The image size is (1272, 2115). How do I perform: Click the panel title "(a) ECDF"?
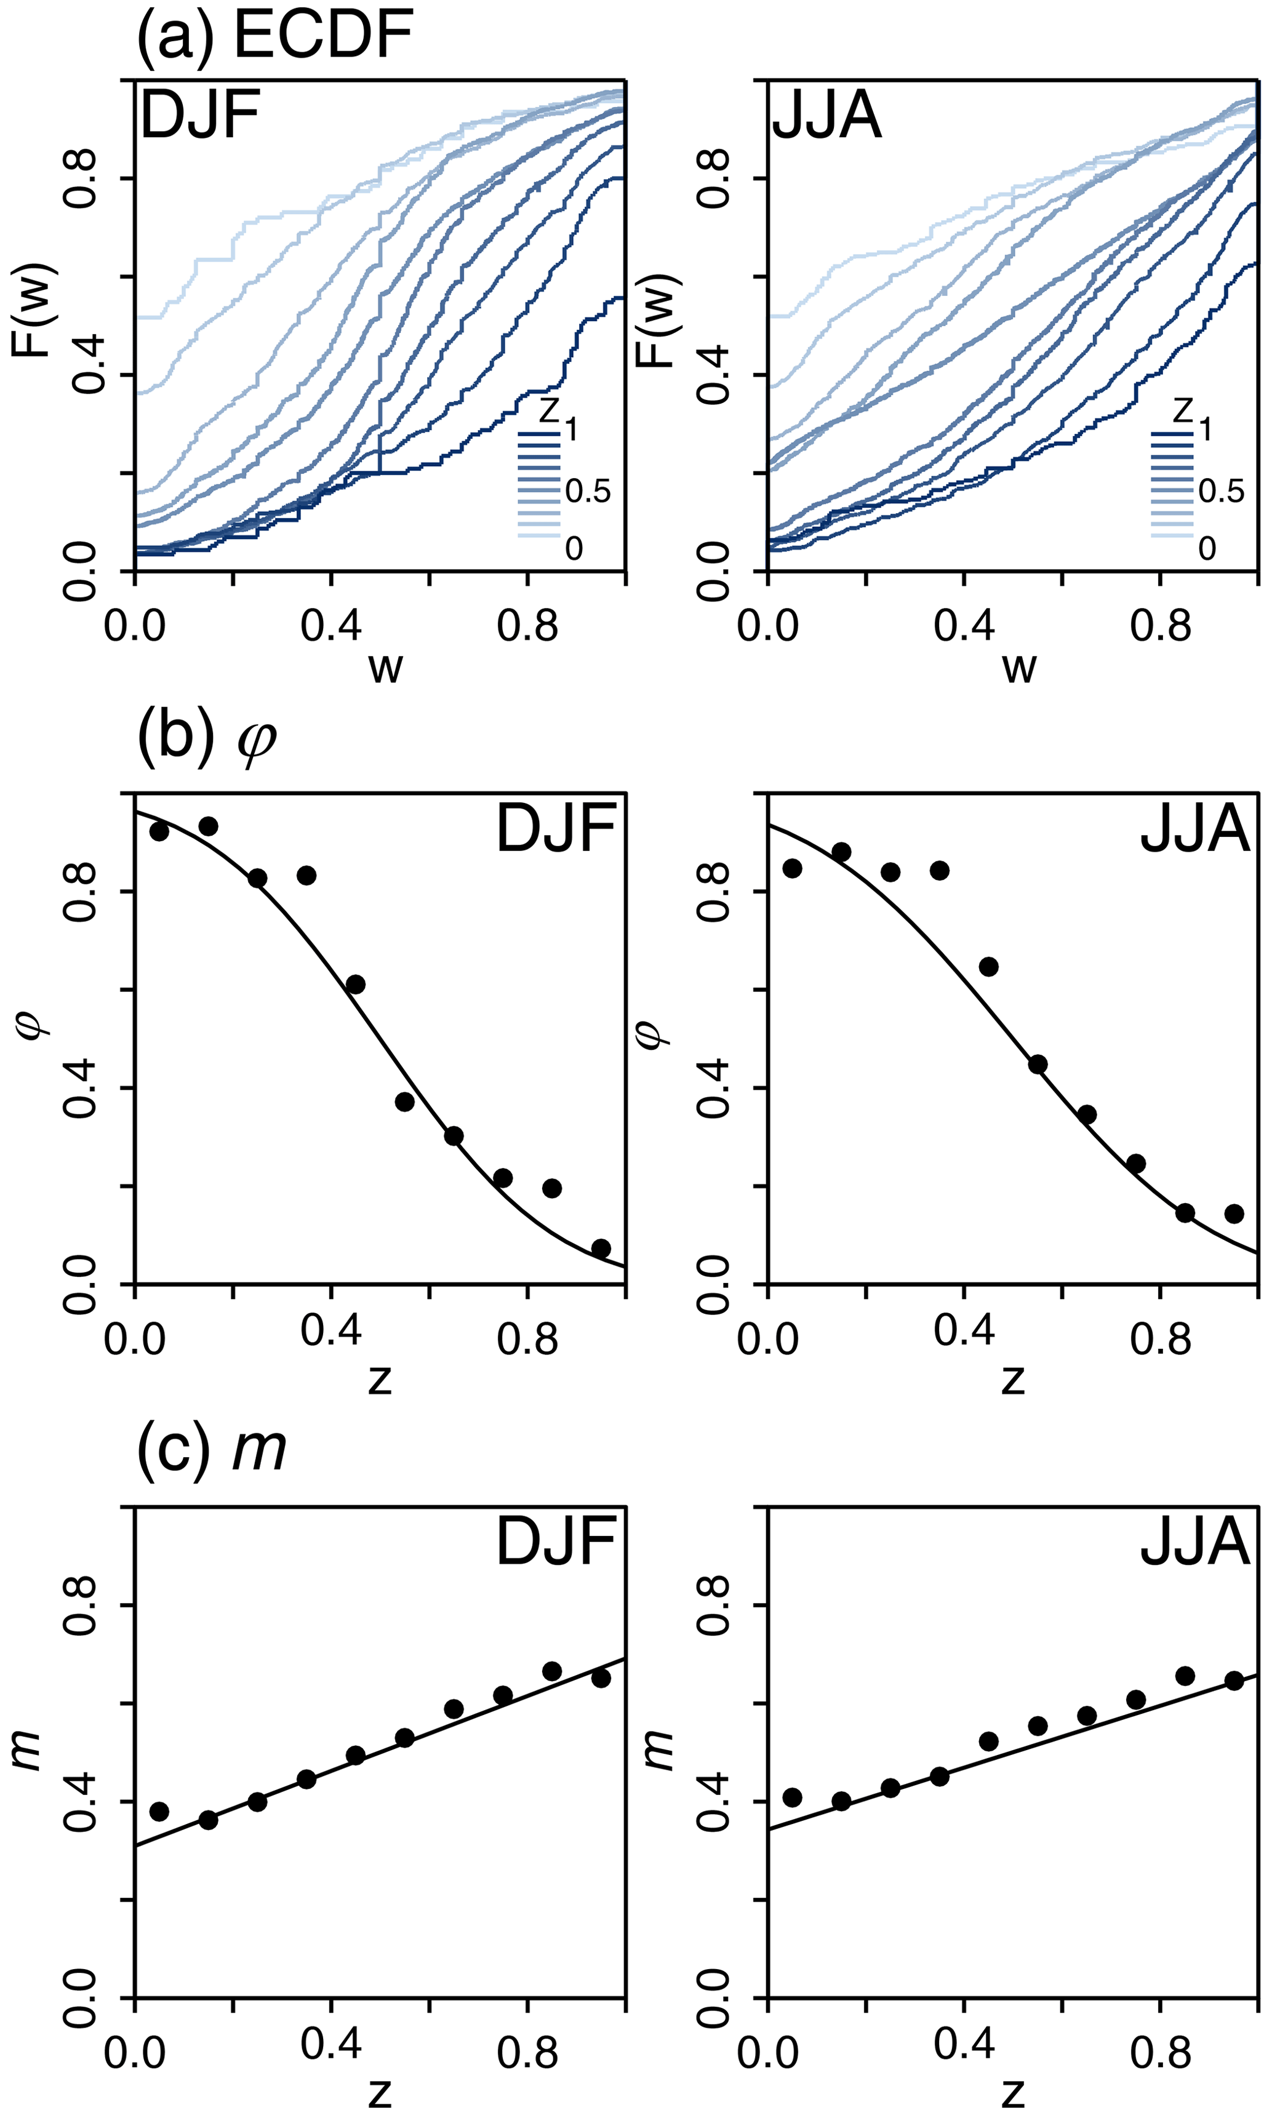(x=275, y=36)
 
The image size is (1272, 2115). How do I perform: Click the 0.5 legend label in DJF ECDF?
(x=588, y=491)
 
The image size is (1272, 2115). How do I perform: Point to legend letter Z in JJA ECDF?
(x=1182, y=411)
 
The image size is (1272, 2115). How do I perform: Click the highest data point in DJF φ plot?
(x=208, y=826)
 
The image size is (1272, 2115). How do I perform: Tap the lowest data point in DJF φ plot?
(x=601, y=1248)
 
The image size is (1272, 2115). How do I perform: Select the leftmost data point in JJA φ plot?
(x=792, y=868)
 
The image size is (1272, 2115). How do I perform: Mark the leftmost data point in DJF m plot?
(x=159, y=1811)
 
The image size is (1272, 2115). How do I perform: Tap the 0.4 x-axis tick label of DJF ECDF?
(x=331, y=626)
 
